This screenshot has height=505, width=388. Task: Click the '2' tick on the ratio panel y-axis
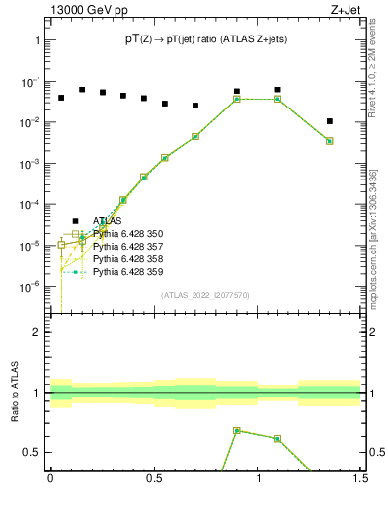pos(37,332)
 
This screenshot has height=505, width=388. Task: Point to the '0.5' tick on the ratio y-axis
pos(32,452)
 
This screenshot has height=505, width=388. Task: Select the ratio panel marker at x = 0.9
pos(237,431)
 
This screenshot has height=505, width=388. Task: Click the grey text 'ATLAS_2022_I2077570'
pos(205,295)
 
